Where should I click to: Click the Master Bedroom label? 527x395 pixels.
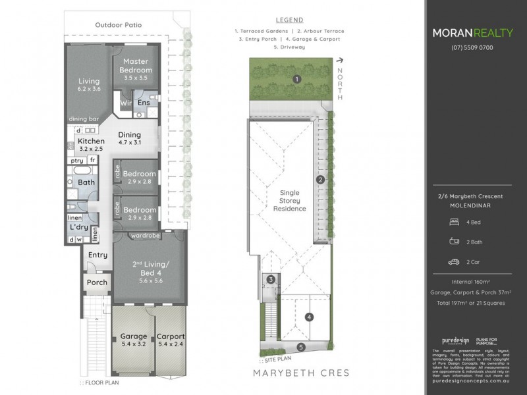click(136, 66)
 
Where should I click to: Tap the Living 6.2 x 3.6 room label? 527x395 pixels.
click(89, 85)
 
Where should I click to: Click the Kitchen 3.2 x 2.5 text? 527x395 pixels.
click(92, 145)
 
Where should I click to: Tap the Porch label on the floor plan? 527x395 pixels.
click(97, 283)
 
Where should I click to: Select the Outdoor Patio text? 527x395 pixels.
click(119, 25)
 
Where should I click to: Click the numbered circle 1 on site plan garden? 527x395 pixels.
click(297, 80)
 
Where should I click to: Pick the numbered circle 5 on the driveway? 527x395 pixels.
click(301, 347)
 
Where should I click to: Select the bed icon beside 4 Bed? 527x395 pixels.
click(453, 223)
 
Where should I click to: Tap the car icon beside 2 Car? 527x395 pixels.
click(453, 262)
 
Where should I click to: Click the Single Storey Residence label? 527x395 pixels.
click(289, 199)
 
